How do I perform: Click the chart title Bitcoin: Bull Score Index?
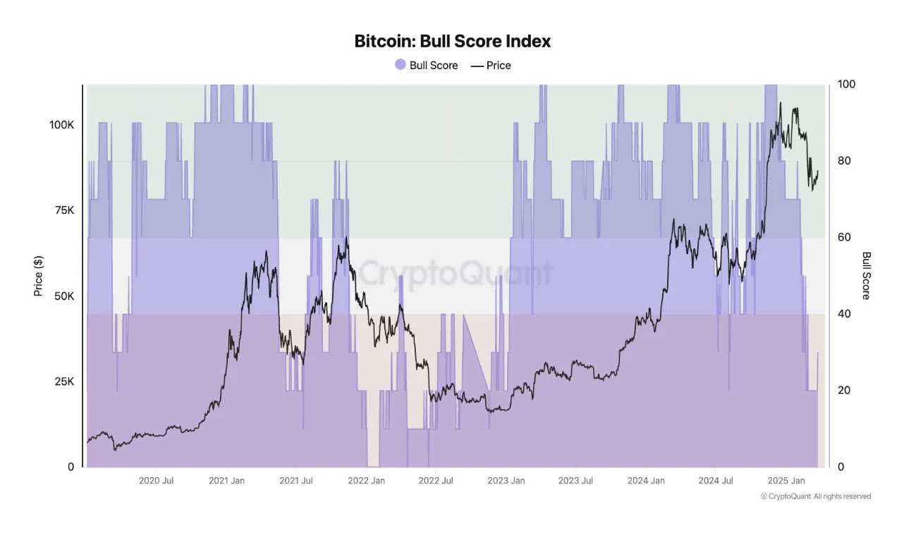click(x=452, y=41)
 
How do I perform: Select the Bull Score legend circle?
click(x=401, y=65)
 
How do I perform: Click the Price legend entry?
click(x=491, y=65)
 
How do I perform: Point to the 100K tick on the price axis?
click(x=61, y=125)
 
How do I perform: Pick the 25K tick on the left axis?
click(x=64, y=381)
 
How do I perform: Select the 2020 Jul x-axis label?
click(x=157, y=481)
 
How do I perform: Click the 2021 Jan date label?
click(x=226, y=481)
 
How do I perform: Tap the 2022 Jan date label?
click(x=367, y=481)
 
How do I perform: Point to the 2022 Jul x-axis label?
click(x=436, y=481)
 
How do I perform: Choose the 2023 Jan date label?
click(x=506, y=481)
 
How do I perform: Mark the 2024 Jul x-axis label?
click(x=716, y=481)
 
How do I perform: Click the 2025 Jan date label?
click(x=786, y=481)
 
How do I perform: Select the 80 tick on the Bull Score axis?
click(x=844, y=161)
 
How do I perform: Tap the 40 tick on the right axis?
click(x=844, y=313)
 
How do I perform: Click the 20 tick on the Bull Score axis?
click(x=844, y=390)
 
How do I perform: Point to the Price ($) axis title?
click(x=39, y=275)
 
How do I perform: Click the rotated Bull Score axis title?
click(x=867, y=275)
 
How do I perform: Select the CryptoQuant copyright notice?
click(x=816, y=496)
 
